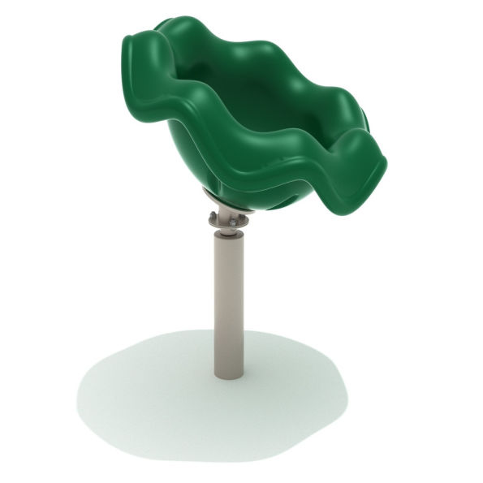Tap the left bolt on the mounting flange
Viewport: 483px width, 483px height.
(x=213, y=216)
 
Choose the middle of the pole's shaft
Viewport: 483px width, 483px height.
(x=228, y=304)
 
